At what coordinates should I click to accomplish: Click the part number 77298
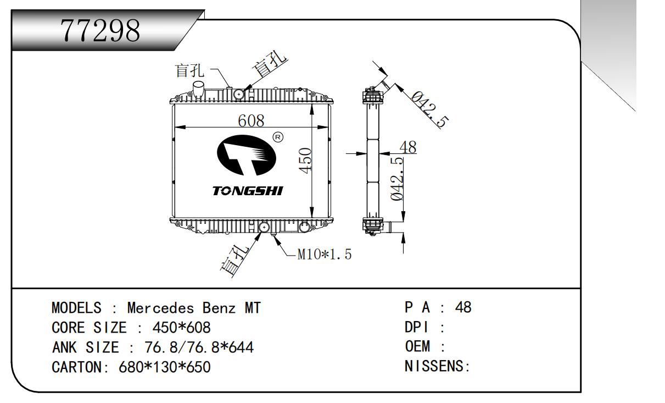pos(100,32)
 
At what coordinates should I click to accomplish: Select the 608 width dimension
pos(252,120)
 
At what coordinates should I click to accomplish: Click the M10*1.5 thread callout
pos(324,255)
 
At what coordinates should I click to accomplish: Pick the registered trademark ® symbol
pos(278,136)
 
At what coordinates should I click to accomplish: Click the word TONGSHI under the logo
pos(248,191)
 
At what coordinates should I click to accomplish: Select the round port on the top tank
pos(239,94)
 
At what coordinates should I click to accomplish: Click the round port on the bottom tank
pos(264,227)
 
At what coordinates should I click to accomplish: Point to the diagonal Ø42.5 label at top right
pos(428,109)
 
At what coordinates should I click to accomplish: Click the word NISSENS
pos(434,366)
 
